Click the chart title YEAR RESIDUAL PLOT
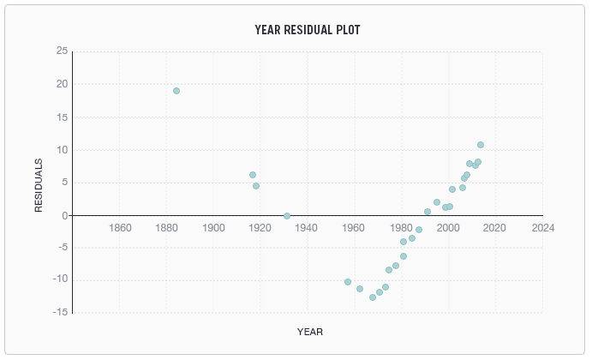point(308,30)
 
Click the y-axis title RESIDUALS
point(39,185)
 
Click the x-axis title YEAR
point(309,332)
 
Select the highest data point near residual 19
point(176,91)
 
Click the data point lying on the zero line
point(287,216)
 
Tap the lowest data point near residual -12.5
point(373,297)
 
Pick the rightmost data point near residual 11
point(481,145)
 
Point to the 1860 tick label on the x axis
point(120,228)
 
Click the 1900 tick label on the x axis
point(213,228)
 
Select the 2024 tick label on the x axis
point(542,228)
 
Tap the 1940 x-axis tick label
point(308,228)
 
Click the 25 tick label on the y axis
point(62,51)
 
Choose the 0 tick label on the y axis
point(64,215)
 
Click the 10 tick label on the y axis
point(62,150)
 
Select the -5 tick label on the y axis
point(62,248)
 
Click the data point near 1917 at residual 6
point(253,175)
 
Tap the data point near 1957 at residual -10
point(348,282)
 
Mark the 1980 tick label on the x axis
point(402,228)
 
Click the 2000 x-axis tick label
point(449,228)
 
